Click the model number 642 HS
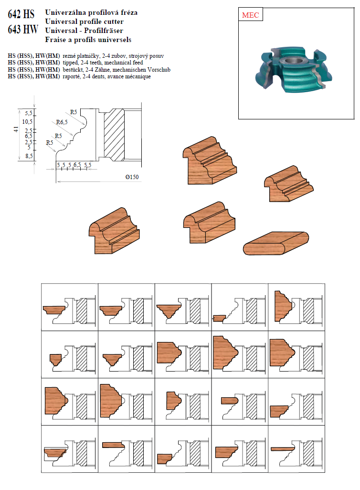pyautogui.click(x=21, y=14)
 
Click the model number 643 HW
pyautogui.click(x=23, y=30)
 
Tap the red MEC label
pyautogui.click(x=250, y=15)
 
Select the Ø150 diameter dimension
pyautogui.click(x=132, y=177)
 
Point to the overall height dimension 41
pyautogui.click(x=16, y=129)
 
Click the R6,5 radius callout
pyautogui.click(x=62, y=122)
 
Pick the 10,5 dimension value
pyautogui.click(x=27, y=122)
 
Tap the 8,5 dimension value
pyautogui.click(x=29, y=156)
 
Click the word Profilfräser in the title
pyautogui.click(x=104, y=31)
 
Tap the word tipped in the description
pyautogui.click(x=70, y=63)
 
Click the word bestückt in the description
pyautogui.click(x=74, y=70)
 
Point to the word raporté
pyautogui.click(x=72, y=76)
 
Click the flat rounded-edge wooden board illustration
pyautogui.click(x=276, y=243)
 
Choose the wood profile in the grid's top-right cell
pyautogui.click(x=284, y=306)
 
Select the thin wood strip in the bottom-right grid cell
pyautogui.click(x=283, y=449)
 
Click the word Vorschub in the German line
pyautogui.click(x=159, y=70)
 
